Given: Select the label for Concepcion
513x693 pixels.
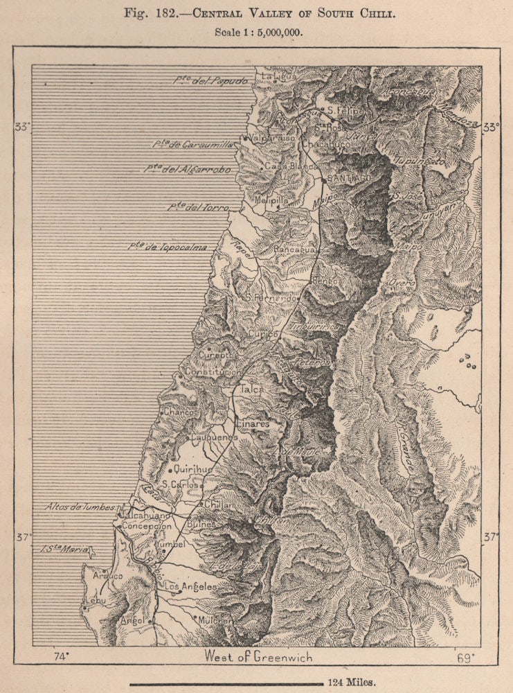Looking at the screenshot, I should coord(147,527).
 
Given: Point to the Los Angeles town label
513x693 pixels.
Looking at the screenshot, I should coord(191,587).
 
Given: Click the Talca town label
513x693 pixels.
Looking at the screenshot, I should coord(252,389).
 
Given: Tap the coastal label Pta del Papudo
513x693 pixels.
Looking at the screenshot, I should coord(210,80).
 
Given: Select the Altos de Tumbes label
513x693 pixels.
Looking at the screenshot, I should coord(80,507).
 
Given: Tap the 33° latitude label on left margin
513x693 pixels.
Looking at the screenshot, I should coord(23,127).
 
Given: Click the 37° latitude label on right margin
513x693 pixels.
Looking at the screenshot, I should coord(490,536).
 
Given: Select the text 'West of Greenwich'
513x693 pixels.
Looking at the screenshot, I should coord(258,656).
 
